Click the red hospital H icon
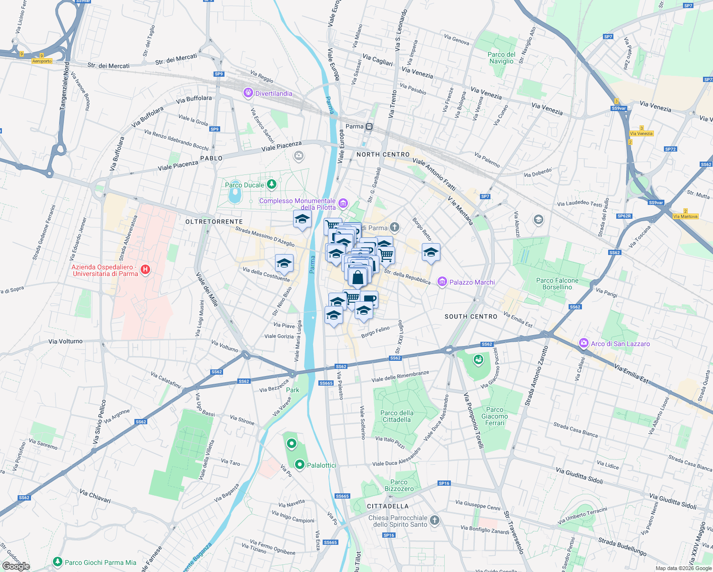145,270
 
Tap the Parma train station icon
369,127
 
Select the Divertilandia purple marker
248,93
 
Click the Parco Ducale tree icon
271,184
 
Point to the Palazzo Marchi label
472,282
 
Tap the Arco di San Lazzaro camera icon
583,343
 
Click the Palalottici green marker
299,464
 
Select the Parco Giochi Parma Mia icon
57,562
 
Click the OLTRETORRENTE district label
214,222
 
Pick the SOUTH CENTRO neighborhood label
471,317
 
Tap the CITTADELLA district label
387,506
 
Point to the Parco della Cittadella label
397,416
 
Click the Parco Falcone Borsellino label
557,284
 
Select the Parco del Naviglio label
501,58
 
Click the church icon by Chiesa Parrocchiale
434,520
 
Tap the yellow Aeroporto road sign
42,61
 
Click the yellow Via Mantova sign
685,216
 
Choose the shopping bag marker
358,277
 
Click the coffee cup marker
369,299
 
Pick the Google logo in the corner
16,566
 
